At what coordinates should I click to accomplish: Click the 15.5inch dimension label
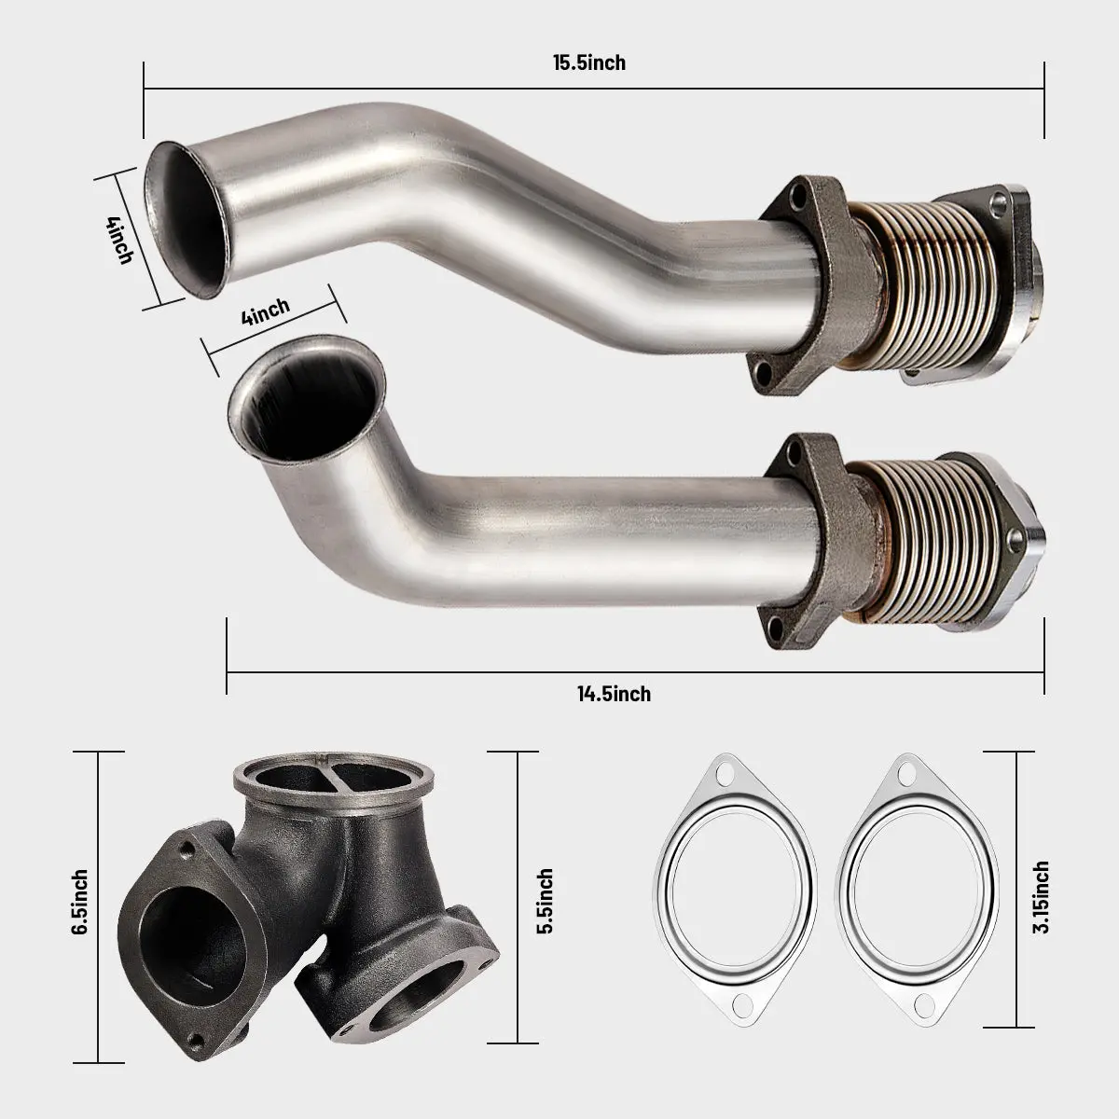[x=588, y=63]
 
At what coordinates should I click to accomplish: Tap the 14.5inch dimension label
[x=613, y=694]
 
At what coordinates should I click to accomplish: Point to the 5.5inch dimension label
[x=545, y=901]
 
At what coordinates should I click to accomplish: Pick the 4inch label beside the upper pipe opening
[x=119, y=240]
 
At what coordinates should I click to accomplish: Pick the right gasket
[x=914, y=894]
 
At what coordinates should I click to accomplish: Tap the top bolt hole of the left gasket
[x=723, y=773]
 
